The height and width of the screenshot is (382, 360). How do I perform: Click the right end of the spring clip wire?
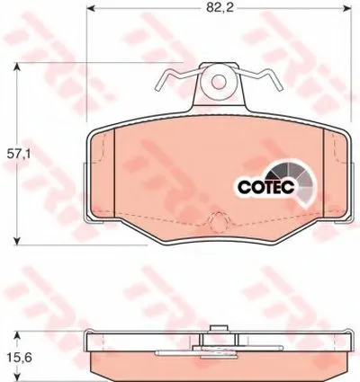(x=279, y=89)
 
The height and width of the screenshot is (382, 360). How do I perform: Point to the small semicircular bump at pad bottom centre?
(x=217, y=221)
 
